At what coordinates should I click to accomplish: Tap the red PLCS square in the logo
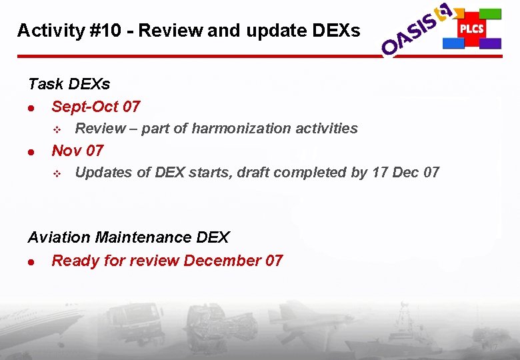471,29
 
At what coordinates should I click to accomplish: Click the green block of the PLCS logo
491,13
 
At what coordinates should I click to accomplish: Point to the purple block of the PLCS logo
491,43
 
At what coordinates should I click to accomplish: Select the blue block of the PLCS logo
453,43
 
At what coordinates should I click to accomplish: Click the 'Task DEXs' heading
69,85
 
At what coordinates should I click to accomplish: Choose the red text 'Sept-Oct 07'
95,107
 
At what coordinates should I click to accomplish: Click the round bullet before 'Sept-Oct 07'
31,107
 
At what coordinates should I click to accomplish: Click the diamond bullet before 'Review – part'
57,129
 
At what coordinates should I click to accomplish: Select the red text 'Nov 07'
77,150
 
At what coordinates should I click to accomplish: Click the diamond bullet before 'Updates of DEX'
57,173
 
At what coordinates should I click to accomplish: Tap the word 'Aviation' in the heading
59,237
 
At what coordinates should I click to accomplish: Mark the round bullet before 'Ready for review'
31,261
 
